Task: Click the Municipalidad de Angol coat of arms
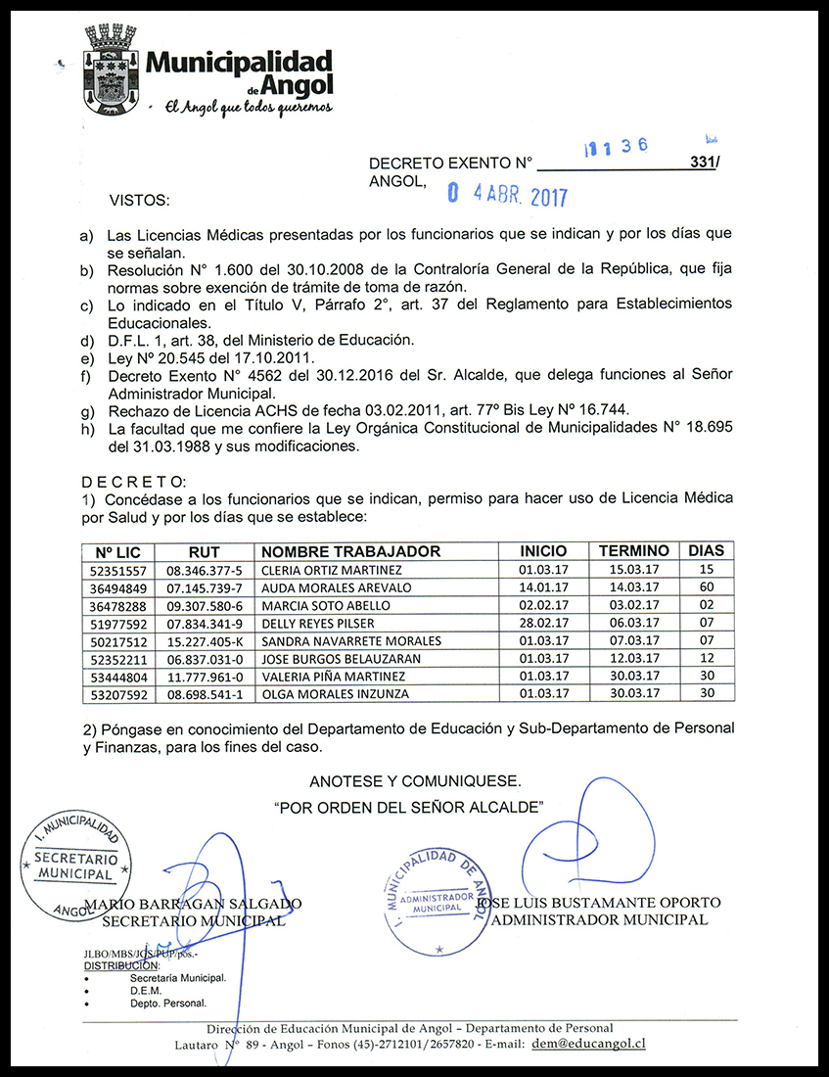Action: click(110, 70)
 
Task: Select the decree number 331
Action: click(702, 164)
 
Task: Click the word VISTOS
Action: click(139, 200)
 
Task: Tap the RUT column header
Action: click(205, 551)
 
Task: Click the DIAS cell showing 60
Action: click(707, 587)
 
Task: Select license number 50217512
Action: click(117, 641)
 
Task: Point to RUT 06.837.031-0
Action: click(204, 659)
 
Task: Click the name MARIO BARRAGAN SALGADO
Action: click(194, 903)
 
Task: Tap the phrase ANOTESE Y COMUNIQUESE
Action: click(415, 781)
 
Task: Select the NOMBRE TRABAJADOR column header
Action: click(350, 551)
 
